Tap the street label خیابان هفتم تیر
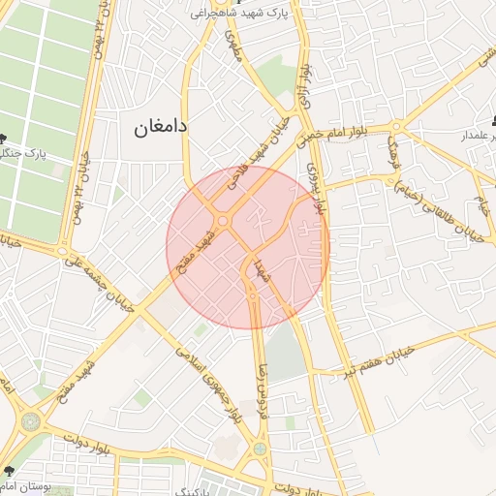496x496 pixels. pyautogui.click(x=380, y=357)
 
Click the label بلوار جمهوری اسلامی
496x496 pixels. pyautogui.click(x=206, y=383)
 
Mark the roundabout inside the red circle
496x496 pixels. pyautogui.click(x=224, y=222)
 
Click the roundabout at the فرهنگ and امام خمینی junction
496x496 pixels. pyautogui.click(x=397, y=126)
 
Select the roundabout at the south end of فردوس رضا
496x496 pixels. pyautogui.click(x=260, y=449)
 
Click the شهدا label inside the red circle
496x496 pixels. pyautogui.click(x=260, y=269)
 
